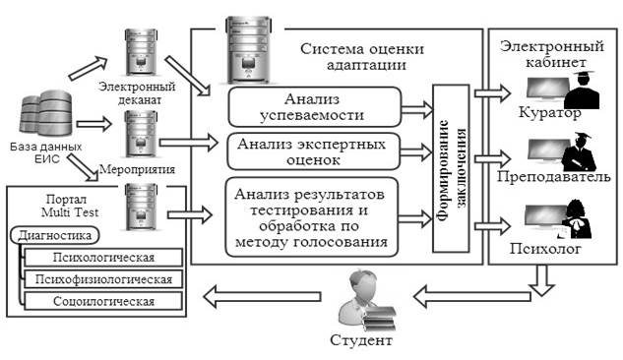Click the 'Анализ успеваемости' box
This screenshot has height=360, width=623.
[315, 107]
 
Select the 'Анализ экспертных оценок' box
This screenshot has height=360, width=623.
[314, 151]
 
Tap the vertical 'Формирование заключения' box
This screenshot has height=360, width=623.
[451, 168]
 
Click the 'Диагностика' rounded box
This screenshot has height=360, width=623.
[55, 235]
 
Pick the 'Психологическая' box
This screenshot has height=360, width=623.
[103, 257]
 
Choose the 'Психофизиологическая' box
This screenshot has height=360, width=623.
[103, 279]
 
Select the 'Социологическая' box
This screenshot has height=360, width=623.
[103, 301]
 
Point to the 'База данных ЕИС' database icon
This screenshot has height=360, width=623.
[46, 113]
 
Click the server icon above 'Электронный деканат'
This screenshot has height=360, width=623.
[141, 53]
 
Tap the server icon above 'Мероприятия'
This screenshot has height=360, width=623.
[141, 134]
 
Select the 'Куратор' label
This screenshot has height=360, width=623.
[549, 113]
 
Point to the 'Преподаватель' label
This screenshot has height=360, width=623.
[553, 176]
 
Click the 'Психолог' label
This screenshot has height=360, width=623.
[545, 249]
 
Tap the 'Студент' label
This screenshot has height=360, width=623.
[361, 340]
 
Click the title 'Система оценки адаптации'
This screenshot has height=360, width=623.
[362, 56]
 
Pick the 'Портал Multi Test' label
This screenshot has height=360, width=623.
[70, 206]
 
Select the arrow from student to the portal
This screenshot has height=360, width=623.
[262, 297]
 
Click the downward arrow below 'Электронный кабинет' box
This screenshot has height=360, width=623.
[541, 280]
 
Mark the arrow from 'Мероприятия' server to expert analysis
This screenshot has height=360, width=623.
[189, 142]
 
